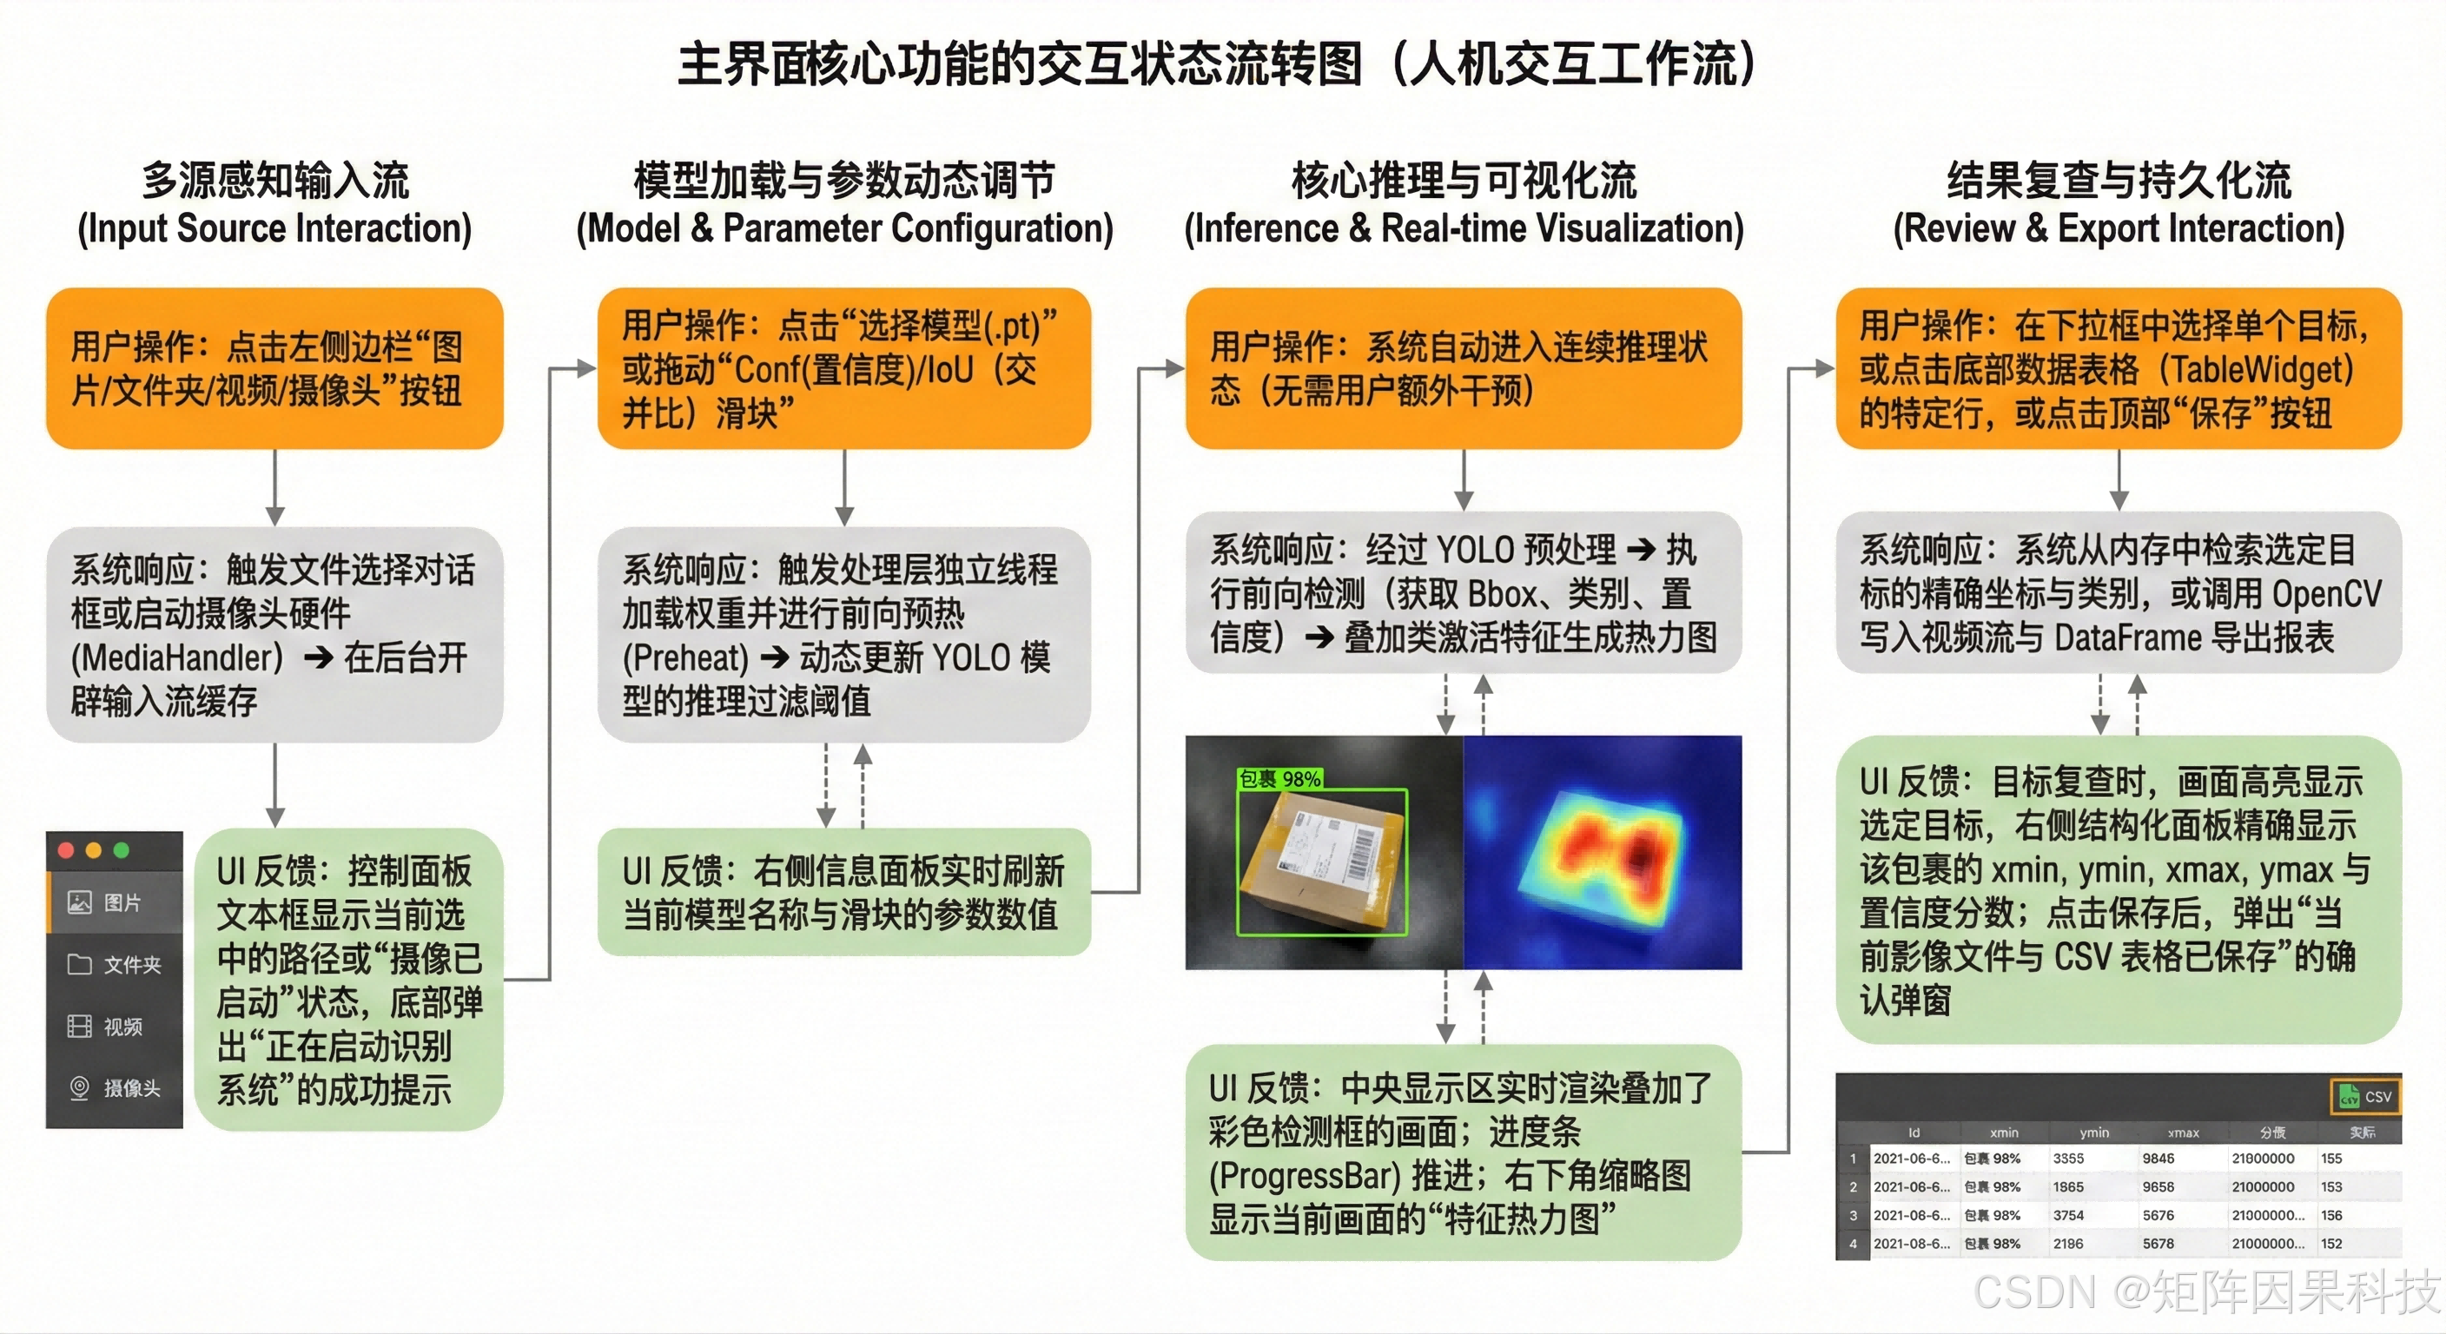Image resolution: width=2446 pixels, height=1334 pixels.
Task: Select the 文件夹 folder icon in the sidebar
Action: pyautogui.click(x=80, y=965)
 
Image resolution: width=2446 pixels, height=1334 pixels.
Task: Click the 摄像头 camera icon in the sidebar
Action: pyautogui.click(x=80, y=1088)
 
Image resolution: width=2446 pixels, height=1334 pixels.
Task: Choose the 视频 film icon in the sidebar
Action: pyautogui.click(x=80, y=1027)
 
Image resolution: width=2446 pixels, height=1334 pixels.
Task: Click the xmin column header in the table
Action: pyautogui.click(x=2004, y=1133)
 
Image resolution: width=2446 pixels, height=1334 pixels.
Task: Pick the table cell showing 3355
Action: pyautogui.click(x=2068, y=1159)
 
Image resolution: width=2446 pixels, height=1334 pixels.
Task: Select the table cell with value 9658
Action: pyautogui.click(x=2158, y=1187)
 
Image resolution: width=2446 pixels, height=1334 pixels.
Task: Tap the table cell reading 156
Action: pyautogui.click(x=2331, y=1215)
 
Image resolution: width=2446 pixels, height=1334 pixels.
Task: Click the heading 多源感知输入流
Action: pyautogui.click(x=275, y=181)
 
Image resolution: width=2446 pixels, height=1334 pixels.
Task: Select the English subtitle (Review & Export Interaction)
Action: pyautogui.click(x=2119, y=228)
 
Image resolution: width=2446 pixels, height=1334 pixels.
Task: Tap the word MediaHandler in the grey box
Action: pyautogui.click(x=177, y=658)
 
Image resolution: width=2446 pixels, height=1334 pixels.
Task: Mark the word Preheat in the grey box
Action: pyautogui.click(x=685, y=658)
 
